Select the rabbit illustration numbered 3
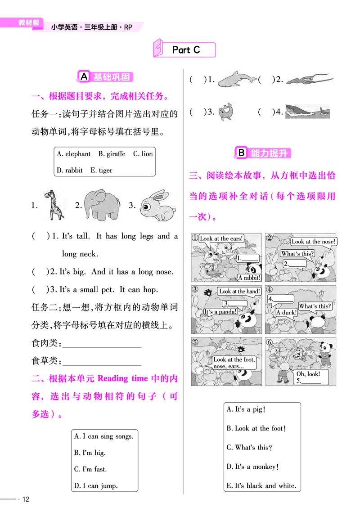(156, 206)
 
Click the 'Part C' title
(185, 50)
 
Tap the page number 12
(26, 499)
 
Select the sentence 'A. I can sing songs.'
(103, 436)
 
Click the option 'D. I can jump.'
(96, 485)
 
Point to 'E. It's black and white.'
(261, 485)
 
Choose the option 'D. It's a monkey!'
(253, 467)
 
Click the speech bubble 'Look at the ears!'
(221, 238)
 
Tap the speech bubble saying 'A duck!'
(286, 312)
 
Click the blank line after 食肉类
(102, 347)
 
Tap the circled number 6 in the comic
(270, 341)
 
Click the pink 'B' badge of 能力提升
(242, 153)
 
